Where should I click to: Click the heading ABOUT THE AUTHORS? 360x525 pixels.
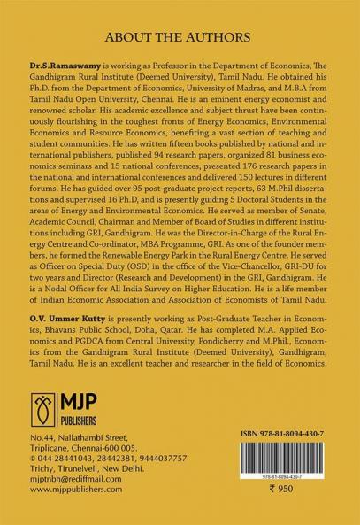(180, 40)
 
